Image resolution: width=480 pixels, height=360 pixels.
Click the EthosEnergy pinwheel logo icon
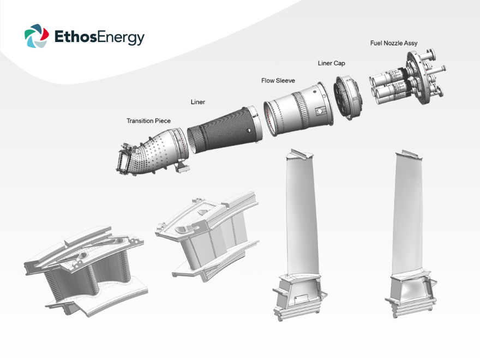point(37,36)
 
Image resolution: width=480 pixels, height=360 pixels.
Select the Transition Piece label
point(148,121)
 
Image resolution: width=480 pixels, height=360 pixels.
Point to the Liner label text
point(198,102)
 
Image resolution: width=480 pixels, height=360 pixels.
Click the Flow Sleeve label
point(278,81)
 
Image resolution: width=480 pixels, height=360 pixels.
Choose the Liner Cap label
point(331,63)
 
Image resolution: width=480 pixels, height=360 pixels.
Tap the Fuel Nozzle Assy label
point(394,43)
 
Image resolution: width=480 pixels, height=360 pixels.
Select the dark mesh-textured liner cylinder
point(224,129)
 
